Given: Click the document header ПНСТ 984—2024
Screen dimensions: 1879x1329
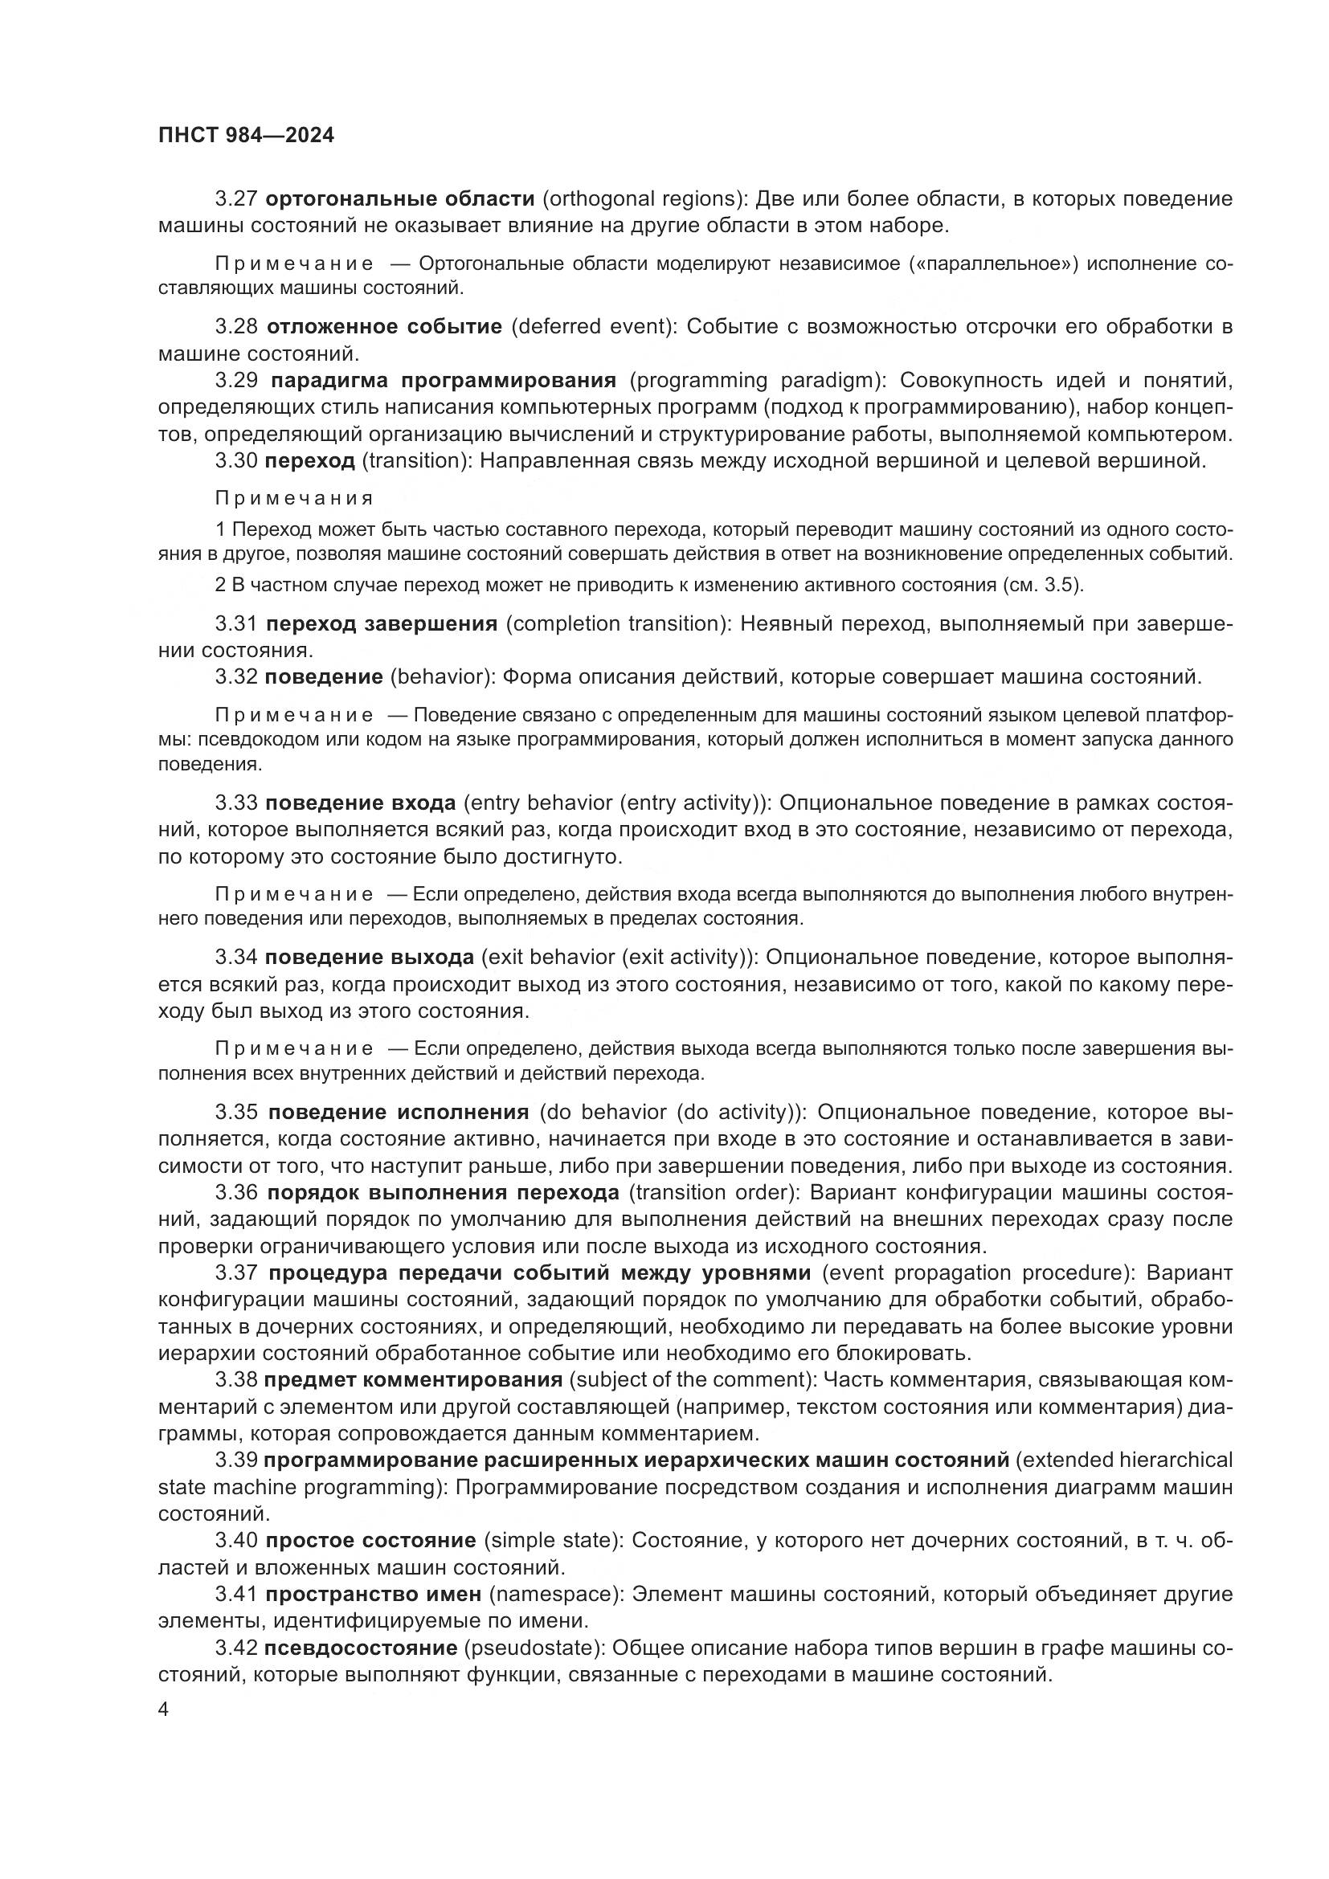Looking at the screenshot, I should coord(247,136).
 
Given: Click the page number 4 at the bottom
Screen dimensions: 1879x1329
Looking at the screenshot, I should coord(163,1710).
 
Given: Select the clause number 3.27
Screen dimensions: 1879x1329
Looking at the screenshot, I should coord(236,199).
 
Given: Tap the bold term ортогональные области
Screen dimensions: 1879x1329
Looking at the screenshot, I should coord(401,199).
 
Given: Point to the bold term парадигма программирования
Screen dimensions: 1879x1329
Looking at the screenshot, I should coord(443,381).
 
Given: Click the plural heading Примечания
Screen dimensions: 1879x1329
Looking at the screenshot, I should coord(294,498).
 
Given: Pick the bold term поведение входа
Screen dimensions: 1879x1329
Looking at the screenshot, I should coord(361,803).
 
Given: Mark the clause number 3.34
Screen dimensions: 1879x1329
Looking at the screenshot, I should coord(236,957).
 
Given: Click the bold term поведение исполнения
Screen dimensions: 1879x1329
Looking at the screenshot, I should coord(399,1112).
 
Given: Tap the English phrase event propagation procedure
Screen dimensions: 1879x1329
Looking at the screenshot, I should coord(975,1272).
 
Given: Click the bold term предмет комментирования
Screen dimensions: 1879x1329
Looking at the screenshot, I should coord(413,1380).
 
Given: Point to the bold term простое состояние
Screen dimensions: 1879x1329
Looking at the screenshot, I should coord(370,1540).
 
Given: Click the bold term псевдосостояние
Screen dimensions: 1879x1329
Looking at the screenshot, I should coord(361,1648).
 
